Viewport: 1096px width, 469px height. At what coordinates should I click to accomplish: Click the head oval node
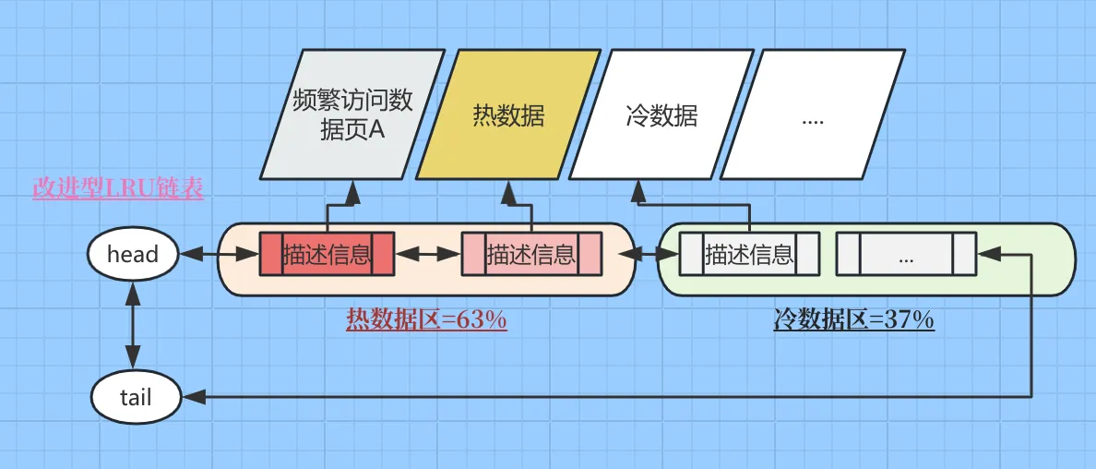pos(133,254)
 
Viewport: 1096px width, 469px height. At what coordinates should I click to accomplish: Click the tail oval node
pos(136,397)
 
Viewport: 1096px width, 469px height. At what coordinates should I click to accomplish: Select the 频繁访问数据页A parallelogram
pos(352,114)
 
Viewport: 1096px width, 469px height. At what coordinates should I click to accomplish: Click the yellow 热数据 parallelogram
pos(508,114)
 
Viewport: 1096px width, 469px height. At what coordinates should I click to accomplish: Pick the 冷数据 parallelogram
pos(661,114)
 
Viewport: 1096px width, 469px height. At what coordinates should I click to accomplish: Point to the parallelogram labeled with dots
pos(813,114)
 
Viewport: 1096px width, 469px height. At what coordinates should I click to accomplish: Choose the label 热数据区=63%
pos(426,320)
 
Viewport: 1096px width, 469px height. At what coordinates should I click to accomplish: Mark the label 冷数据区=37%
pos(853,320)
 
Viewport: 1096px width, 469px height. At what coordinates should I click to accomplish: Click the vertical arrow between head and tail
pos(134,326)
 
